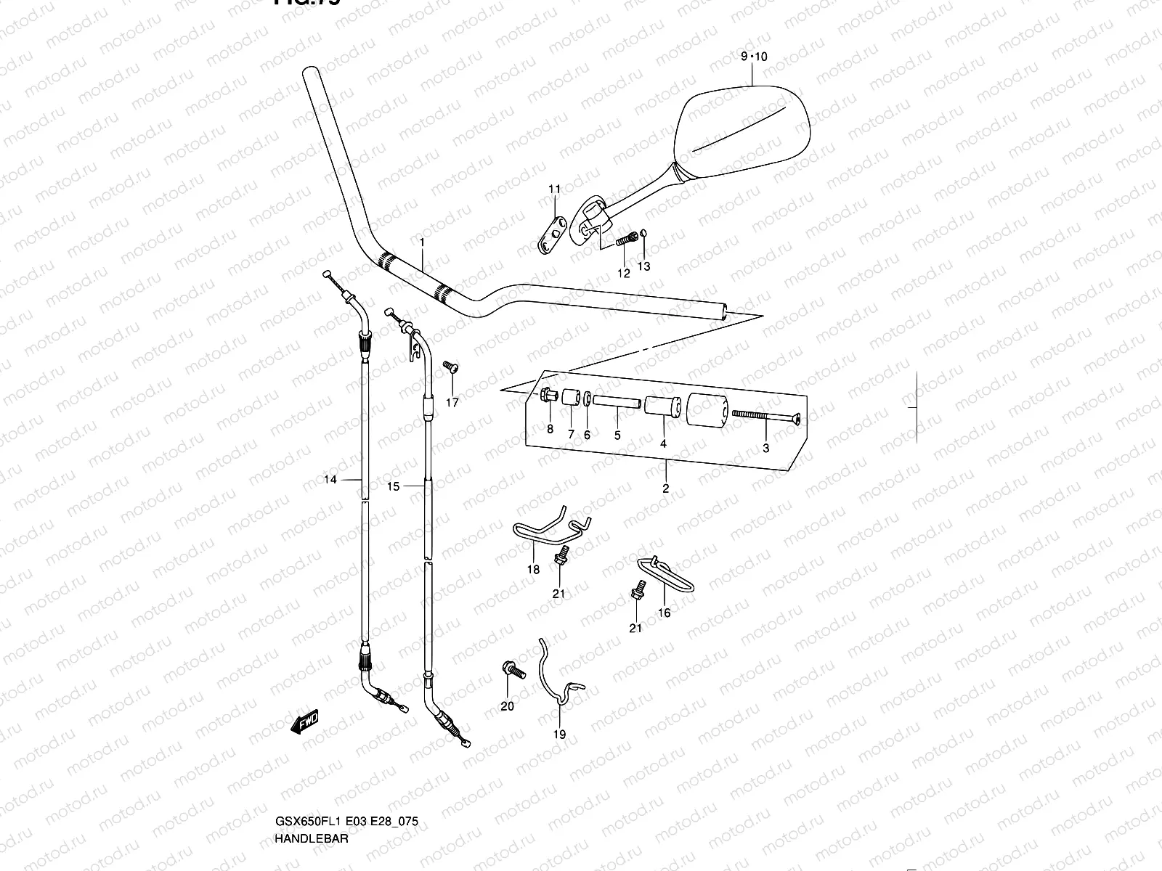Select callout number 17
point(452,403)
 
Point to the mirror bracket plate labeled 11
point(556,234)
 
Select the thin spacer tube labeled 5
point(617,401)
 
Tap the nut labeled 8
point(547,396)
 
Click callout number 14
point(330,480)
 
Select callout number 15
point(393,486)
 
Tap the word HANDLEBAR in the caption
point(312,838)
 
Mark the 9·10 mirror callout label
point(754,57)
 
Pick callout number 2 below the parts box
point(666,488)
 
